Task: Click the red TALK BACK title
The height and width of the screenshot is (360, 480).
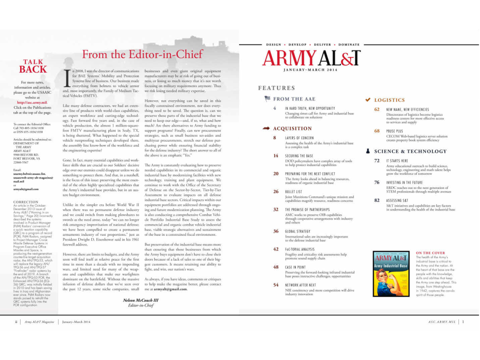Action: [33, 66]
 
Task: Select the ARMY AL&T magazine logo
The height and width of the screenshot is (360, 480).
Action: [311, 58]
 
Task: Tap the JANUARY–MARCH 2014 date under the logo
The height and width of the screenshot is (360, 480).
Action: [310, 70]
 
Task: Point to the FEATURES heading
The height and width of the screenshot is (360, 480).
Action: [277, 88]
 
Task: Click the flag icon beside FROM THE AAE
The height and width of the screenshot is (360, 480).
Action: [267, 99]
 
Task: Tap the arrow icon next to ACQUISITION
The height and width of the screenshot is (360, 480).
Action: [267, 128]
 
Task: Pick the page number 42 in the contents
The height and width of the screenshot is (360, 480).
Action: [276, 249]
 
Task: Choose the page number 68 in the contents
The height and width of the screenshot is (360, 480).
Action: [377, 131]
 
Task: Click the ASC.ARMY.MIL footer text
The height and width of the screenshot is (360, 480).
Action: [442, 322]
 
